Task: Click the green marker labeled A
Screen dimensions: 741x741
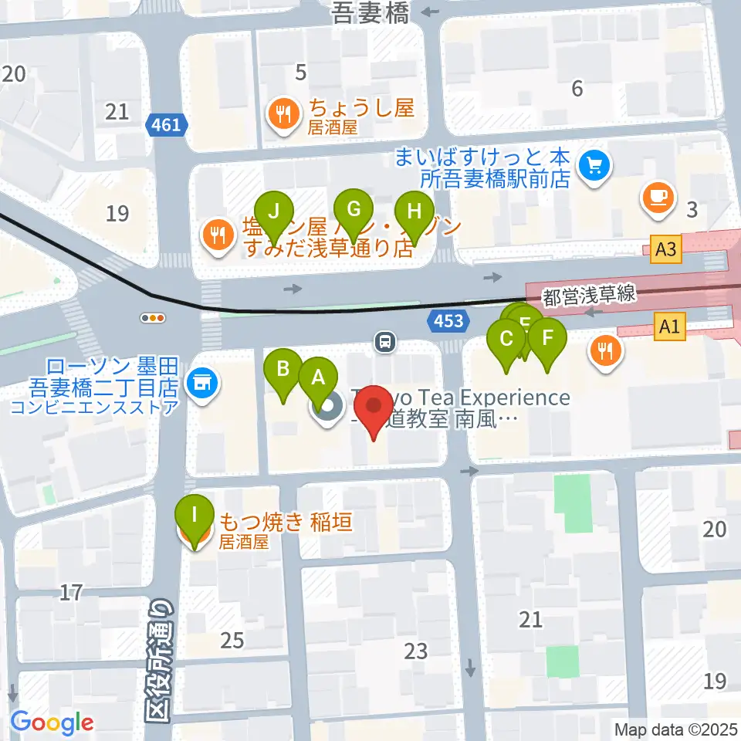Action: [317, 377]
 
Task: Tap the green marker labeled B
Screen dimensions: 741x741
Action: [283, 369]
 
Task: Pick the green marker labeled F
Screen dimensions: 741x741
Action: [548, 338]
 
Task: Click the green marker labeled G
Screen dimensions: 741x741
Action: [354, 209]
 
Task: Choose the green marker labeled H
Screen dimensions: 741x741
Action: [414, 211]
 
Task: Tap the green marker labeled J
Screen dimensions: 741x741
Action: [274, 211]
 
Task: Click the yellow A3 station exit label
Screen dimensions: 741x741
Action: [668, 249]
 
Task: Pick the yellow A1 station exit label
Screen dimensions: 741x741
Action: [669, 327]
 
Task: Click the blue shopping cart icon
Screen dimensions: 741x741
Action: [594, 164]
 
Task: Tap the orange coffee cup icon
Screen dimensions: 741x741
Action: [658, 196]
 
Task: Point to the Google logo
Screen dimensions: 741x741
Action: [52, 722]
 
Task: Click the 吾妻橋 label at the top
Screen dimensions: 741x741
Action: [370, 13]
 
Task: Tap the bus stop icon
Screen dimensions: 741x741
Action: [385, 340]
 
